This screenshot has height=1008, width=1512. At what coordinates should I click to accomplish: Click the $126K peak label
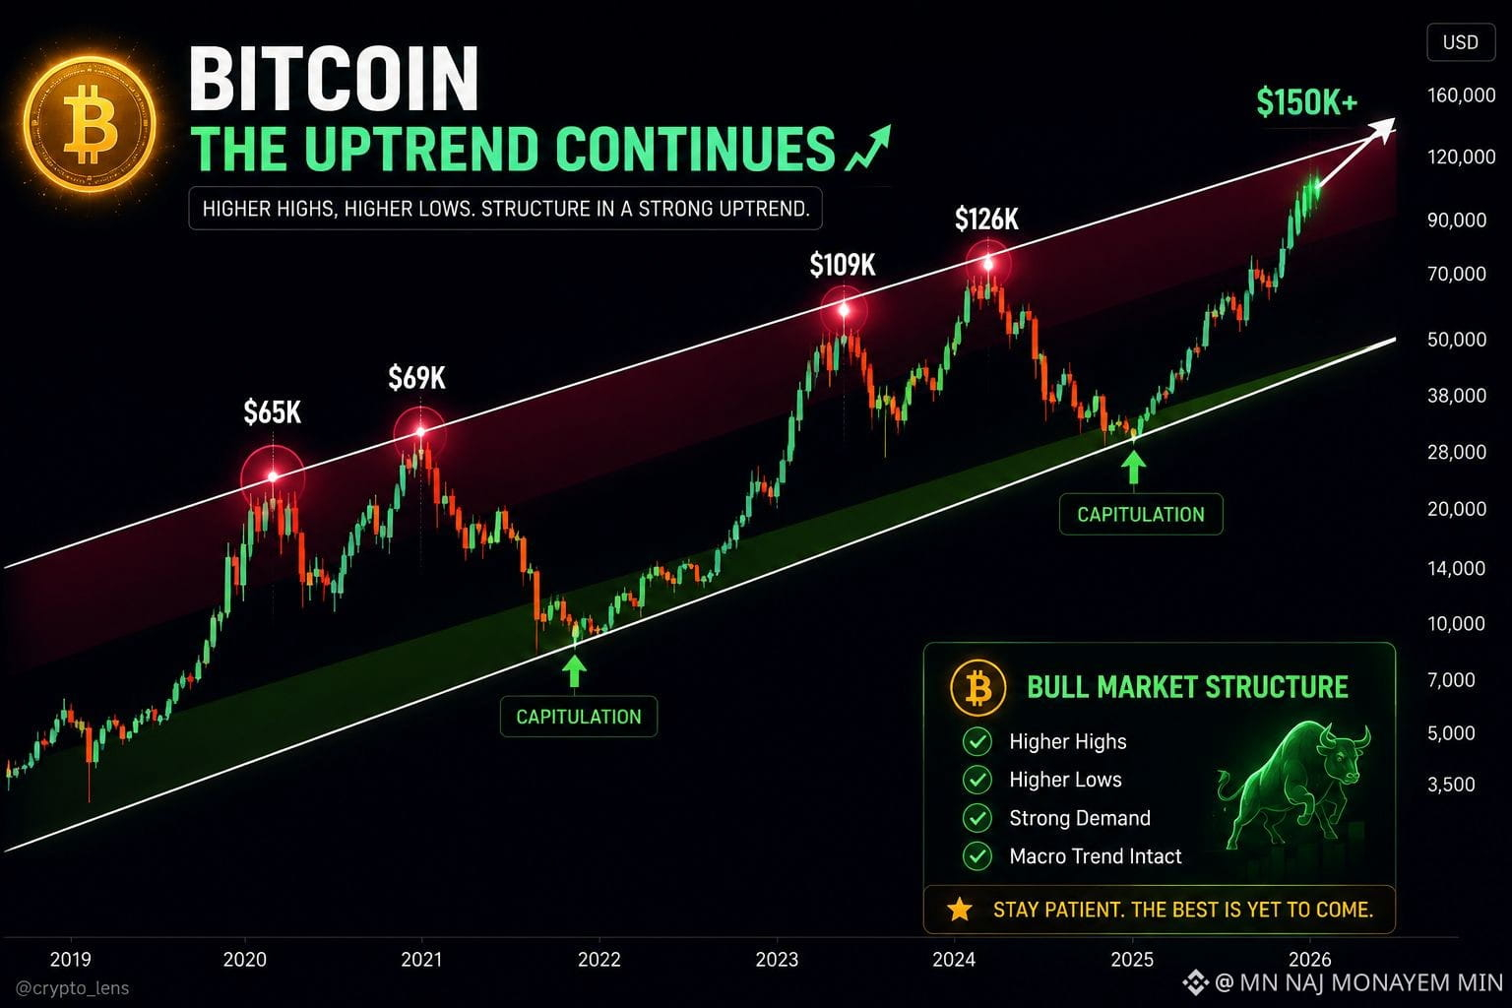[x=986, y=219]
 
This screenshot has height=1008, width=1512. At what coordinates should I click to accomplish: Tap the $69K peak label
[x=416, y=377]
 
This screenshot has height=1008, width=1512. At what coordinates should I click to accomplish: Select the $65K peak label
[x=272, y=411]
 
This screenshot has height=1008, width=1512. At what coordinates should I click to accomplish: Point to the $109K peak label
[x=843, y=265]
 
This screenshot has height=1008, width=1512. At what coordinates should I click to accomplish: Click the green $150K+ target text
[x=1307, y=102]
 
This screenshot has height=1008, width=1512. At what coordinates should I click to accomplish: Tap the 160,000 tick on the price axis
[x=1462, y=95]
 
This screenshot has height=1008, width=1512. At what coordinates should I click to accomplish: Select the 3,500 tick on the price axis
[x=1451, y=785]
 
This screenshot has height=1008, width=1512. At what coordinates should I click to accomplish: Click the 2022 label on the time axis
[x=598, y=960]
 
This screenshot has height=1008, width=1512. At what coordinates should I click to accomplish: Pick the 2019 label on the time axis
[x=70, y=960]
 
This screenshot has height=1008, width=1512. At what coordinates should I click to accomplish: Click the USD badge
[x=1460, y=42]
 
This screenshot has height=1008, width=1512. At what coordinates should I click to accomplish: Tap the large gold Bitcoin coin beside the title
[x=90, y=124]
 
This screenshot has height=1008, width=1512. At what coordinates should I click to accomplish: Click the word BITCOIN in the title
[x=334, y=79]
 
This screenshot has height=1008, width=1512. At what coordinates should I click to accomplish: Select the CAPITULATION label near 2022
[x=579, y=717]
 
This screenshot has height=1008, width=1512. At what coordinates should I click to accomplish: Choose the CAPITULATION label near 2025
[x=1141, y=515]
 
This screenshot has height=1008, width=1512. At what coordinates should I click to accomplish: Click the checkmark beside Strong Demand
[x=976, y=818]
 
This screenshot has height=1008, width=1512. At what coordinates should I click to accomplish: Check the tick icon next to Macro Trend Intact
[x=976, y=856]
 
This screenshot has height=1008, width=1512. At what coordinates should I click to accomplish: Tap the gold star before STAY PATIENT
[x=959, y=910]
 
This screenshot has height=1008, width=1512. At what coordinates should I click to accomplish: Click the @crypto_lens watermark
[x=72, y=988]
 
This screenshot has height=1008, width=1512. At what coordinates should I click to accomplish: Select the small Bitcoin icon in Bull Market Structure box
[x=977, y=688]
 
